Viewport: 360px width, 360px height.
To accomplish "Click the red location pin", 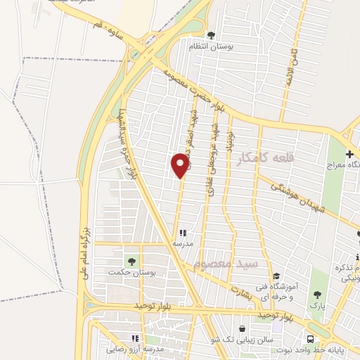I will [x=181, y=165].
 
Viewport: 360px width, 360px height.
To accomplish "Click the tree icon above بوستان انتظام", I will [x=211, y=34].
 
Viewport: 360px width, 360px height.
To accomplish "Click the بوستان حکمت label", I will [x=126, y=272].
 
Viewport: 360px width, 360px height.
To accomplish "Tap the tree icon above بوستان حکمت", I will [x=131, y=261].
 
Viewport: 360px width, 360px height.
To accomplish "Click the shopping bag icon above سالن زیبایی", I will [x=243, y=328].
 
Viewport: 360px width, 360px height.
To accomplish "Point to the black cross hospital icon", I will [x=349, y=153].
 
